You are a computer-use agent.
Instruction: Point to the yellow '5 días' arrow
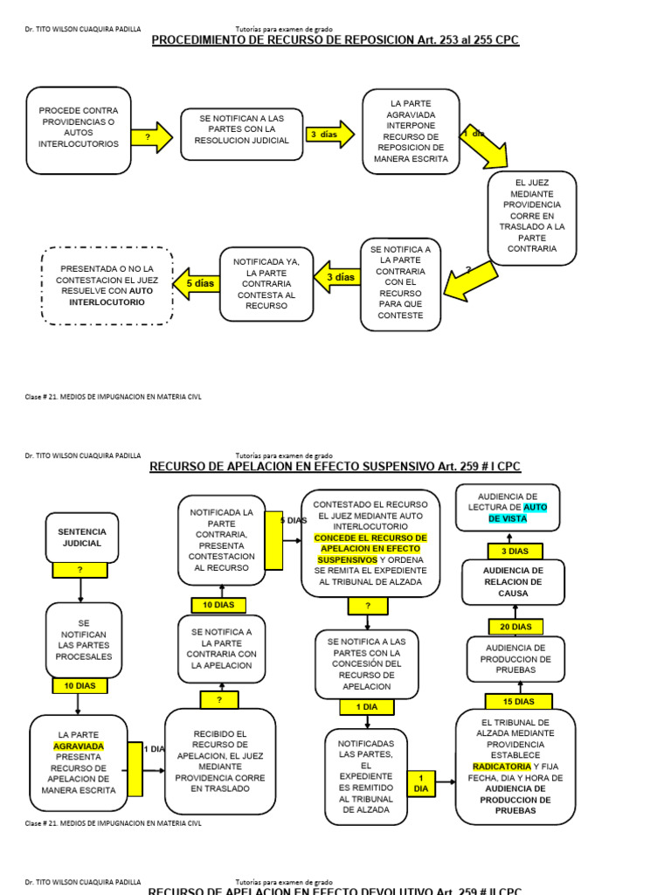point(197,283)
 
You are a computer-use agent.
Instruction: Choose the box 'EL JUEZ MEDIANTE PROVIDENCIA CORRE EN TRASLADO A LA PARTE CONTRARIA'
point(532,216)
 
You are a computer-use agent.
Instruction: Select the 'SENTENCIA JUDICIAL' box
point(81,537)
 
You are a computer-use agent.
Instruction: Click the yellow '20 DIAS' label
point(515,627)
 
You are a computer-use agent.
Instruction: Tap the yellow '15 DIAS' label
point(518,701)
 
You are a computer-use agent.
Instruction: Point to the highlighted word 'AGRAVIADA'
point(79,746)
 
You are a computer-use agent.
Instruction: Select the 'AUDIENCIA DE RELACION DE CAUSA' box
point(514,582)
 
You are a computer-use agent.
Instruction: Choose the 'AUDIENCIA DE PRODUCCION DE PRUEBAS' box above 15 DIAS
point(515,659)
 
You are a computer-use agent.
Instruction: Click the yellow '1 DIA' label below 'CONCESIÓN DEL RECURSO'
point(367,706)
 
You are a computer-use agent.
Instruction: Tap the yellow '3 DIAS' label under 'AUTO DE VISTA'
point(515,552)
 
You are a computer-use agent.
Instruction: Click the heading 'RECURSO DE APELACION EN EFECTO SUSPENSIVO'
point(335,467)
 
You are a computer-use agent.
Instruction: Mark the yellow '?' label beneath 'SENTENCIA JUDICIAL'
point(80,570)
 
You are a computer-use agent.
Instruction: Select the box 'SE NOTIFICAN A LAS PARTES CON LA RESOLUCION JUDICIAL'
point(242,135)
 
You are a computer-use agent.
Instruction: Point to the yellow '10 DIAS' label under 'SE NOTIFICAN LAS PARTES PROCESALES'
point(80,686)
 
